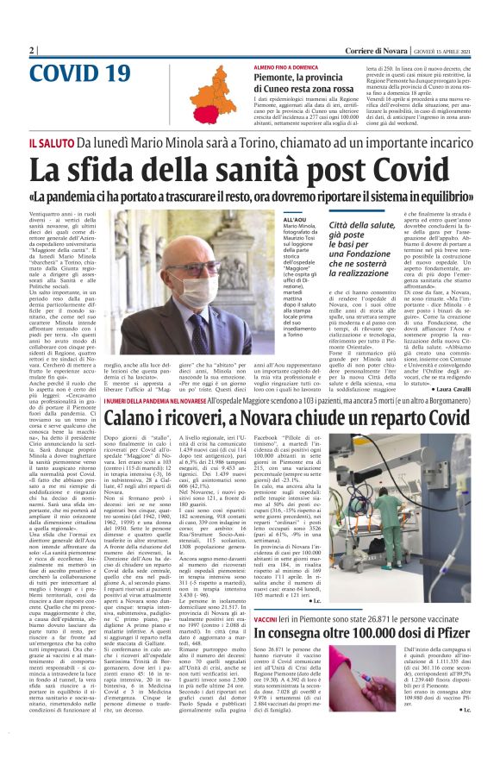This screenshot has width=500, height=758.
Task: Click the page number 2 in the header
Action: point(32,51)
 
